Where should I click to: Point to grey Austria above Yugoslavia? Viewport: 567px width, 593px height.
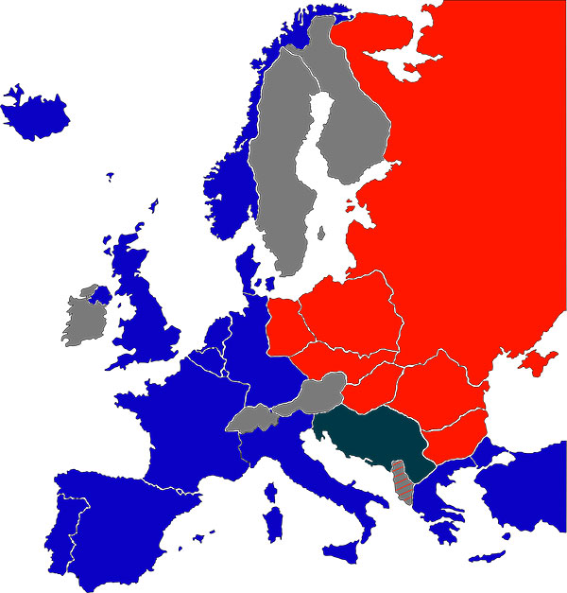pyautogui.click(x=317, y=393)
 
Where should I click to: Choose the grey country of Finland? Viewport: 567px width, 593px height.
pyautogui.click(x=354, y=132)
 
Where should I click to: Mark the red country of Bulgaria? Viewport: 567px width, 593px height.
pyautogui.click(x=454, y=438)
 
